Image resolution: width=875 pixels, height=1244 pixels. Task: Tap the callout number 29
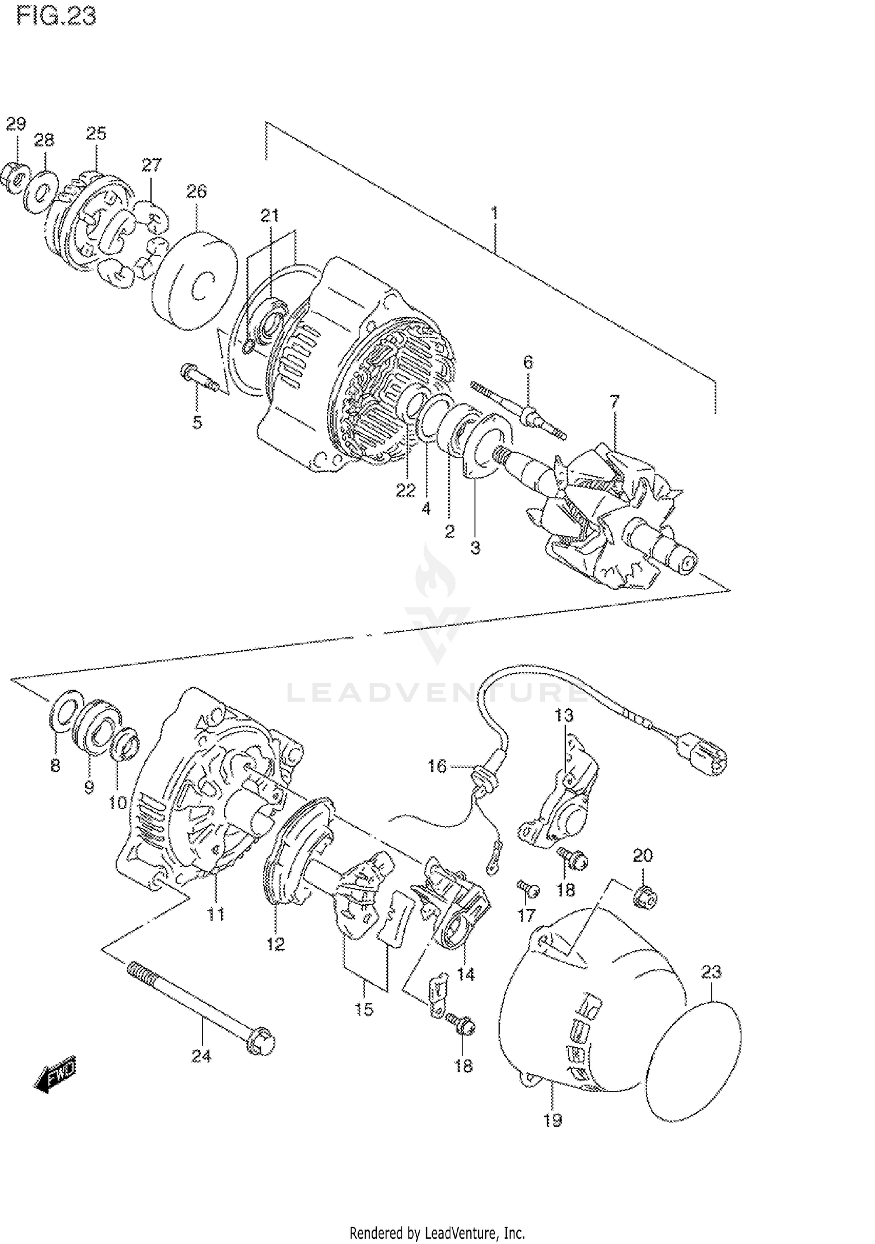[16, 124]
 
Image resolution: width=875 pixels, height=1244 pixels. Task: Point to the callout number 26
[197, 191]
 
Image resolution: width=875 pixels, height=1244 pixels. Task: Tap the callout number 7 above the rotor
[614, 402]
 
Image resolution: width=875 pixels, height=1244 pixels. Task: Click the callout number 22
[405, 490]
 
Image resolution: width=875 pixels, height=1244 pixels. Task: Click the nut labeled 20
[645, 897]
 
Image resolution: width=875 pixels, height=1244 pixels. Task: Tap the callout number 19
[552, 1120]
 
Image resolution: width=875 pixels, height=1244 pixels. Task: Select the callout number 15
[364, 1009]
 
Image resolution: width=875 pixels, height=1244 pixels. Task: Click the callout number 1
[494, 214]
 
